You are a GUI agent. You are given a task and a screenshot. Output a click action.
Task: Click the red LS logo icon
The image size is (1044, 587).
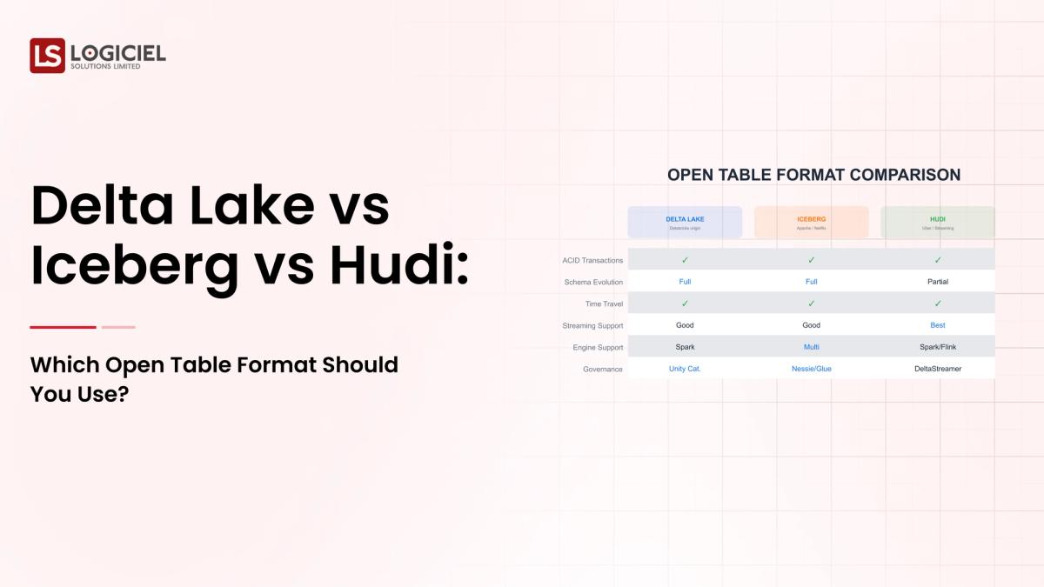coord(47,56)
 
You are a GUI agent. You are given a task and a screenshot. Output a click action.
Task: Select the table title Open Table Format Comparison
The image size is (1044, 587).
coord(813,175)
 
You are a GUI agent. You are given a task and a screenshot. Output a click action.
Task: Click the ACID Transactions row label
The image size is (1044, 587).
coord(592,260)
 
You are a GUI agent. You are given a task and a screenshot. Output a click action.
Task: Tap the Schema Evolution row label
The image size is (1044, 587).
coord(593,282)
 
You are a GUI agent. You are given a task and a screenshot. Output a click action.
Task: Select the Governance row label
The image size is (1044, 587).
coord(603,369)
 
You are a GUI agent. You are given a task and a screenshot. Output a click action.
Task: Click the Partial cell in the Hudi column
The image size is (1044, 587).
coord(937,282)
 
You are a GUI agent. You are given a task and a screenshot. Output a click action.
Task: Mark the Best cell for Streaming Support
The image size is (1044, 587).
coord(937,325)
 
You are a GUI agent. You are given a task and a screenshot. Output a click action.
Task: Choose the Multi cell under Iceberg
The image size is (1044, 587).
coord(811,347)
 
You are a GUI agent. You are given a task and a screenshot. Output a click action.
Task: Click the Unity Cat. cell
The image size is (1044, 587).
coord(685,369)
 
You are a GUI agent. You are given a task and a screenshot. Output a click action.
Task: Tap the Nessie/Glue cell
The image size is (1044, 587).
coord(811,369)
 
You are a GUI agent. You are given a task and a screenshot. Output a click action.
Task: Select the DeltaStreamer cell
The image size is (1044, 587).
coord(937,369)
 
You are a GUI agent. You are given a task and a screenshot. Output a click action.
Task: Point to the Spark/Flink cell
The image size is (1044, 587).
coord(937,347)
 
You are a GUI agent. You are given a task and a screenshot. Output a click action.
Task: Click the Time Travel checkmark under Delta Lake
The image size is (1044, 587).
coord(685,304)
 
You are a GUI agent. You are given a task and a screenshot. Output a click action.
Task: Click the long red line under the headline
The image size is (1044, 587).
coord(63,327)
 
